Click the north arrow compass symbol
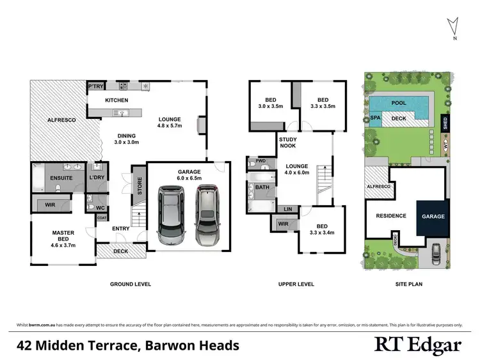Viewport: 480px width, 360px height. coord(453,27)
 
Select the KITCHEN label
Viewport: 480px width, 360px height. coord(116,100)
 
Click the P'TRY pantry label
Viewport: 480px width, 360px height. coord(95,86)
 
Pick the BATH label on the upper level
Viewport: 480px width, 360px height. coord(262,187)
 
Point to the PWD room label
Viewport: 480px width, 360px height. coord(260,161)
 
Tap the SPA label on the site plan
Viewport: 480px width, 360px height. coord(375,118)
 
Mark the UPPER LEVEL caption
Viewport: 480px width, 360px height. coord(296,284)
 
